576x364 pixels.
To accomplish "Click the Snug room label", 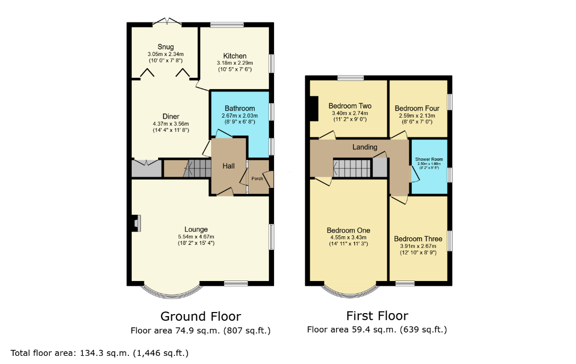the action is point(166,47).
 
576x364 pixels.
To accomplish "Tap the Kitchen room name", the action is point(235,56).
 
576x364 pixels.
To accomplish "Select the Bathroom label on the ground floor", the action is point(240,108).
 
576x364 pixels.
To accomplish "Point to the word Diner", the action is point(171,117).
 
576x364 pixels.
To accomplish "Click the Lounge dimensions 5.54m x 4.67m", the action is point(196,237).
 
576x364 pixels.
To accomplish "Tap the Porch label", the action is point(257,179).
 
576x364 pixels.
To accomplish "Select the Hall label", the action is point(228,166).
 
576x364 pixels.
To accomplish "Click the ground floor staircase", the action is point(197,169).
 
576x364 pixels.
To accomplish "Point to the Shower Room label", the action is point(429,159).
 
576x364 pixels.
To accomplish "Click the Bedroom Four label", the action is point(417,108).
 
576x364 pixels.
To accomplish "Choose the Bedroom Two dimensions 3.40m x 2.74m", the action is point(350,113).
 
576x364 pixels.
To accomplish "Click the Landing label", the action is point(365,147).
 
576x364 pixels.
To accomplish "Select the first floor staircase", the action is point(352,168).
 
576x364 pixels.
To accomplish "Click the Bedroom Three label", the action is point(418,239).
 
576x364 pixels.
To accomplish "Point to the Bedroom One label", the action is point(348,231).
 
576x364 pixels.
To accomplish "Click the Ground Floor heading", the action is point(201,316).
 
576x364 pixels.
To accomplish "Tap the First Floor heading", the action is point(377,316).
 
